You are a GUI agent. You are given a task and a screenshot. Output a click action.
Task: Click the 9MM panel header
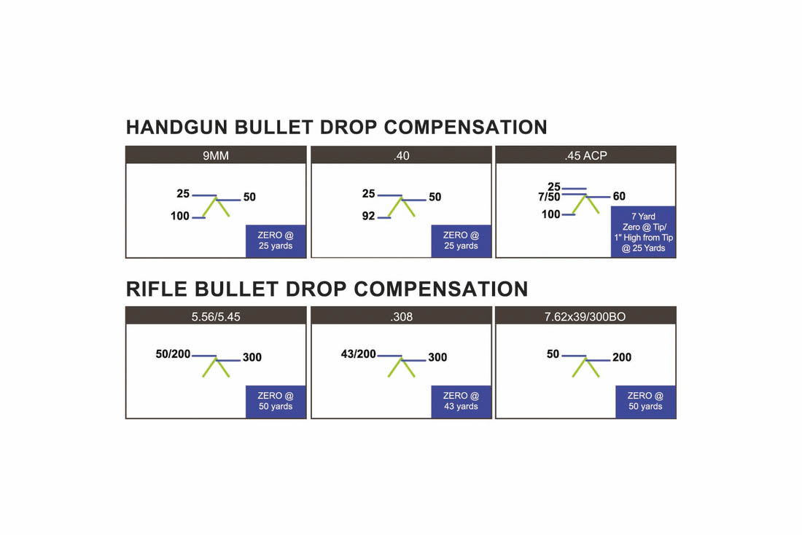point(216,155)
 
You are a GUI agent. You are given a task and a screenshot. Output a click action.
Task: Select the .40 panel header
point(402,155)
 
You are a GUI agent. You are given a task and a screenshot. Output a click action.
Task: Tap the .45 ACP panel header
point(585,155)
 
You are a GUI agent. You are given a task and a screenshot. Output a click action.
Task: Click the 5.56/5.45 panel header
point(216,316)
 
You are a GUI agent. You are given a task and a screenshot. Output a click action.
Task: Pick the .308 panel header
point(402,316)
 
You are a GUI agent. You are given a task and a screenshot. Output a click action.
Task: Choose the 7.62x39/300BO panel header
point(585,316)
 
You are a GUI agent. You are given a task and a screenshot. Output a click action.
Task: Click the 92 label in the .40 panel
point(368,216)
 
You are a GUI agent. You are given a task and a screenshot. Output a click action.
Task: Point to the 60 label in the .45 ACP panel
point(619,196)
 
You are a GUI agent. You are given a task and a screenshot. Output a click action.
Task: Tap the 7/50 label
point(549,197)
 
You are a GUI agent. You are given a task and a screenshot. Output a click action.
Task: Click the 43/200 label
point(358,354)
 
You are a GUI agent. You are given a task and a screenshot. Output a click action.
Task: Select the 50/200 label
point(173,354)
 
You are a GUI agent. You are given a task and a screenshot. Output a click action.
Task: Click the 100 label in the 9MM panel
point(180,216)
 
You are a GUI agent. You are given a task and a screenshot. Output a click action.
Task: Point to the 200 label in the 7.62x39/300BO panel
point(622,357)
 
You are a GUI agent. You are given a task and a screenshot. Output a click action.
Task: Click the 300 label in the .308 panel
point(437,357)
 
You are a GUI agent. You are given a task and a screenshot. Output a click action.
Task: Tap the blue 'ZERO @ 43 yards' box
point(461,402)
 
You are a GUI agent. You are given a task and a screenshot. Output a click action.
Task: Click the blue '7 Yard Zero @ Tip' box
point(644,232)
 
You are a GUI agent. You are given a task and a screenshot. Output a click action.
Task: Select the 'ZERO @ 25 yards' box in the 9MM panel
point(276,241)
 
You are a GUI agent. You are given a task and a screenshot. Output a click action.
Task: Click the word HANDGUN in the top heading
point(177,127)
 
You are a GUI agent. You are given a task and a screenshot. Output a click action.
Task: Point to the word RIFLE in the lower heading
point(157,289)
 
